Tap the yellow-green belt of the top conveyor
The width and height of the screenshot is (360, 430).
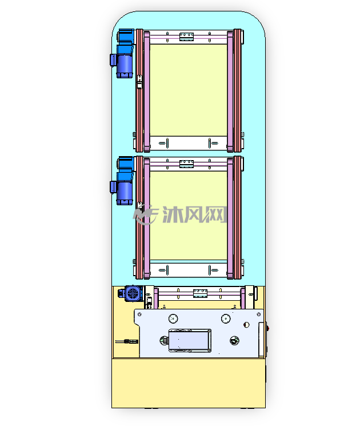[x=189, y=90]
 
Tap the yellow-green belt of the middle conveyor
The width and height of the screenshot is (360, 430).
[x=189, y=215]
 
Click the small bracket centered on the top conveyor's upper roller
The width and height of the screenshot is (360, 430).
[x=187, y=37]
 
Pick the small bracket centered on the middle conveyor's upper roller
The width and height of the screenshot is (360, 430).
[x=187, y=164]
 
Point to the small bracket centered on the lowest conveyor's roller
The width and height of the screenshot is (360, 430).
[x=200, y=293]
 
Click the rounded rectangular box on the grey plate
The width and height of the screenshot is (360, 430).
[x=190, y=340]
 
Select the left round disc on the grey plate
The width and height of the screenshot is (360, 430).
[x=173, y=318]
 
